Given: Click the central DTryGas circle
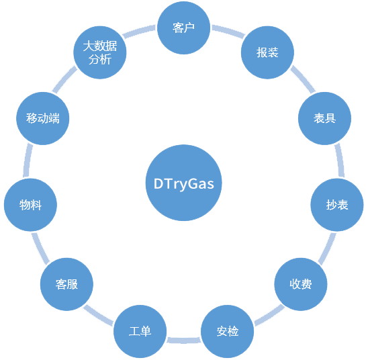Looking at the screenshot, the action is pyautogui.click(x=183, y=183).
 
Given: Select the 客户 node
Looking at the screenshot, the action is pyautogui.click(x=183, y=28).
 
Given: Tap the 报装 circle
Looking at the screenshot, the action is pyautogui.click(x=267, y=52).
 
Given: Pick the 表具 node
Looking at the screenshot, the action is pyautogui.click(x=324, y=118).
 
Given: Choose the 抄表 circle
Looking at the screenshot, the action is pyautogui.click(x=337, y=205).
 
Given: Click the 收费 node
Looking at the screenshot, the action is pyautogui.click(x=301, y=284).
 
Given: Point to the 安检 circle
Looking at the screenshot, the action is pyautogui.click(x=228, y=331).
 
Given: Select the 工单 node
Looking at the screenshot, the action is pyautogui.click(x=140, y=331).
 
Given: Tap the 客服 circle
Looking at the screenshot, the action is pyautogui.click(x=66, y=284).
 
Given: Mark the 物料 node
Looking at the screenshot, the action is pyautogui.click(x=30, y=205).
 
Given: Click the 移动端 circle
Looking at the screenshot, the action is pyautogui.click(x=43, y=118).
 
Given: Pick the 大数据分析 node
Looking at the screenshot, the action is pyautogui.click(x=100, y=52).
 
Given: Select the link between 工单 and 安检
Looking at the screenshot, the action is pyautogui.click(x=184, y=341).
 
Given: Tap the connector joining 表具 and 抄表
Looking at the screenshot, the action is pyautogui.click(x=339, y=161).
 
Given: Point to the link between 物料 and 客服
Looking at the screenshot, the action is pyautogui.click(x=40, y=248).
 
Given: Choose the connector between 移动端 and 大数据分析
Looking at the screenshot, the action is pyautogui.click(x=65, y=79).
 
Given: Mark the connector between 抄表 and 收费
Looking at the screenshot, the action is pyautogui.click(x=327, y=249).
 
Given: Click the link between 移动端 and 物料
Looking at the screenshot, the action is pyautogui.click(x=28, y=161).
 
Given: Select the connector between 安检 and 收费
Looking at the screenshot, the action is pyautogui.click(x=269, y=315).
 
